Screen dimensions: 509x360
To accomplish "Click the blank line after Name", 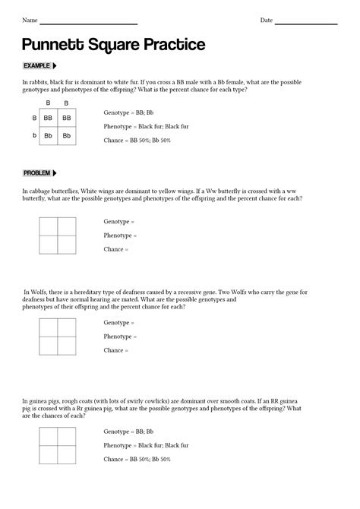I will (x=89, y=21).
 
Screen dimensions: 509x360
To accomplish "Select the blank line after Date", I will (x=305, y=21).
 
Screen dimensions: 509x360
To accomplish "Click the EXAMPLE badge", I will (x=39, y=66).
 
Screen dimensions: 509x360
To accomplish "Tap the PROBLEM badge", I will (x=40, y=173).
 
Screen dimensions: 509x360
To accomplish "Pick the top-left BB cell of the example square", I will (x=48, y=119).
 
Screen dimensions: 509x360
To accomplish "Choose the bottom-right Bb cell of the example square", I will (x=67, y=136).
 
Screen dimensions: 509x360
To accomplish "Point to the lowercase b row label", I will (x=34, y=136).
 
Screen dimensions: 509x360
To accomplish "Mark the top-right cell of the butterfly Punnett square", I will (x=67, y=226).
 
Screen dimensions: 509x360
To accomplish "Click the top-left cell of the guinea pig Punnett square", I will (x=49, y=435).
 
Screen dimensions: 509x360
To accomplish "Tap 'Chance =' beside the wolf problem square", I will (x=116, y=350).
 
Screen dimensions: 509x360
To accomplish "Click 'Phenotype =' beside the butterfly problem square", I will (x=120, y=236).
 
